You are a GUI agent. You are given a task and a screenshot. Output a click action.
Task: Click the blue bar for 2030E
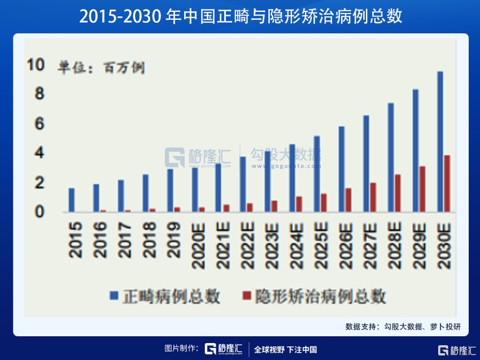click(440, 141)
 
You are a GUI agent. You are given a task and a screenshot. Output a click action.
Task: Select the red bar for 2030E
click(447, 184)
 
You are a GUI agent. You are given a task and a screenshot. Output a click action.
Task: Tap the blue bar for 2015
click(71, 200)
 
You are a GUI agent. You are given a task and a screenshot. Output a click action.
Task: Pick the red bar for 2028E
click(398, 193)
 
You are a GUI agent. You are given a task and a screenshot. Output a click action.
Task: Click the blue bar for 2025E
click(317, 174)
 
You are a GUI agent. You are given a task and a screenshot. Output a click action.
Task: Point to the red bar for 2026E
click(348, 200)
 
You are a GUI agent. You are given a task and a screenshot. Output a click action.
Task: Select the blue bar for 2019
click(170, 190)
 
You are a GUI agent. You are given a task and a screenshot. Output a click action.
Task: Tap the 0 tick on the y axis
click(39, 212)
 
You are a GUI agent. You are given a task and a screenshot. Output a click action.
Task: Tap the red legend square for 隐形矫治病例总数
click(246, 296)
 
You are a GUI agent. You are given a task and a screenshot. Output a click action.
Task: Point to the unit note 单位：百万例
click(101, 68)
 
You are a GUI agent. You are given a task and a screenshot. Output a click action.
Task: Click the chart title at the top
click(240, 16)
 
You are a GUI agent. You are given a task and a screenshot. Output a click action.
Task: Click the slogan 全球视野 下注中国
click(286, 349)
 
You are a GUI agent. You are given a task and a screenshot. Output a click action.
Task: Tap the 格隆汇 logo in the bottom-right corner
click(457, 350)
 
